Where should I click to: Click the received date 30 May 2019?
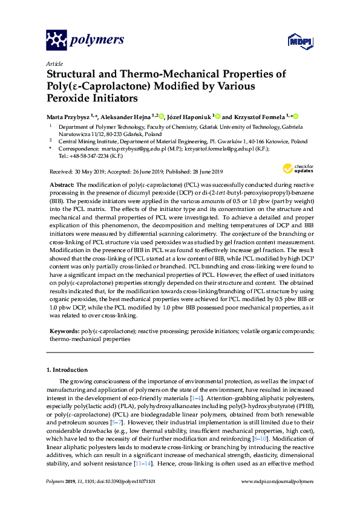(x=87, y=171)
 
